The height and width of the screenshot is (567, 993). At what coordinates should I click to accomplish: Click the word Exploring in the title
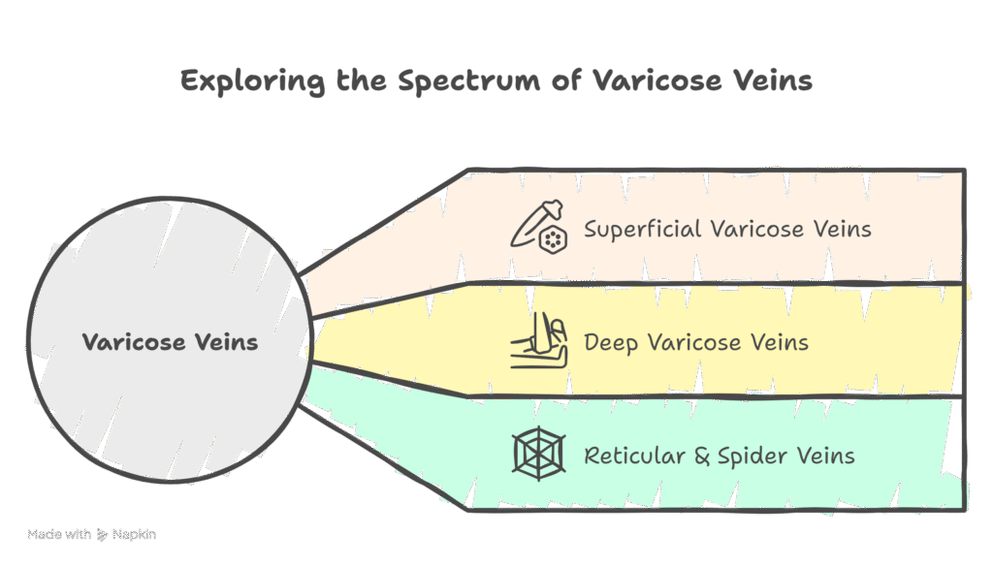pyautogui.click(x=252, y=80)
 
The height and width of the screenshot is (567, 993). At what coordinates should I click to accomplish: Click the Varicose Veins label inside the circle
pyautogui.click(x=170, y=342)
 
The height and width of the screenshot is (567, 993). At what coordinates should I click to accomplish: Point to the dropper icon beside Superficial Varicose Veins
pyautogui.click(x=539, y=229)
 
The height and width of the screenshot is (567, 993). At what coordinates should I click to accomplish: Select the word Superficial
pyautogui.click(x=643, y=230)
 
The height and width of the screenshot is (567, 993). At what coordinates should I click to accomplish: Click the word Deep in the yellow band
pyautogui.click(x=611, y=343)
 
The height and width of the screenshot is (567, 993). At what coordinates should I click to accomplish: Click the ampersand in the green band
pyautogui.click(x=702, y=455)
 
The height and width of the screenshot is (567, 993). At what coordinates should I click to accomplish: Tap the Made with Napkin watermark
pyautogui.click(x=92, y=533)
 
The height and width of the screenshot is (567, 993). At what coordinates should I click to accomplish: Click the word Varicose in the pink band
pyautogui.click(x=756, y=230)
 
